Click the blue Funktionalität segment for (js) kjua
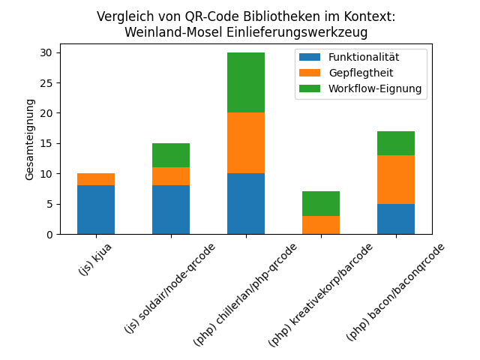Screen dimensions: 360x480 pos(96,209)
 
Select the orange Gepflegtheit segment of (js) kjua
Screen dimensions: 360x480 pos(96,179)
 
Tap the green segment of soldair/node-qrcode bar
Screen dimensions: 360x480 pos(171,155)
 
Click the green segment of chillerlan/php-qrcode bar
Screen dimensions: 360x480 pos(246,82)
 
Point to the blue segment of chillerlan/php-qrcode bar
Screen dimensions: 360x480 pos(246,203)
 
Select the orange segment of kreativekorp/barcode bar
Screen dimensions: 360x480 pos(321,225)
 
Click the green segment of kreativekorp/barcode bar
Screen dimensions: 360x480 pos(321,203)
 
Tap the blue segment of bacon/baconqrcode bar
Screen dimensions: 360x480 pos(396,219)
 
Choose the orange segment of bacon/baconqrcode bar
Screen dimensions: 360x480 pos(396,179)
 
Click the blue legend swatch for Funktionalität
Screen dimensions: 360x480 pos(310,57)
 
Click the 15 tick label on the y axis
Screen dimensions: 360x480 pos(46,143)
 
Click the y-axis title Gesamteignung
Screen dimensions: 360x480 pos(30,139)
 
